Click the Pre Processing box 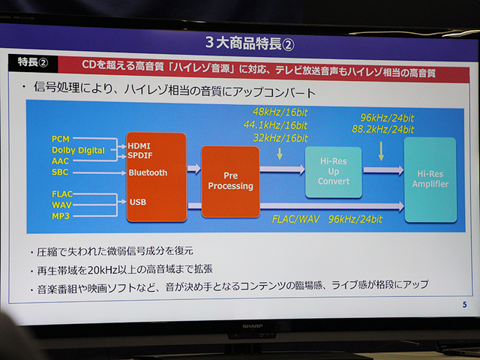(230, 181)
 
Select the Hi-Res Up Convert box (333, 171)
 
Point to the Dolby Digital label (79, 151)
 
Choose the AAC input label (61, 161)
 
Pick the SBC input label (61, 172)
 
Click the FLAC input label (63, 194)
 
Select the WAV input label (62, 205)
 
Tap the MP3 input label (61, 216)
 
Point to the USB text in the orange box (137, 201)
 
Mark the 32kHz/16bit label (280, 138)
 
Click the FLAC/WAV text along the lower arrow (296, 220)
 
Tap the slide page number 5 (464, 304)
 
